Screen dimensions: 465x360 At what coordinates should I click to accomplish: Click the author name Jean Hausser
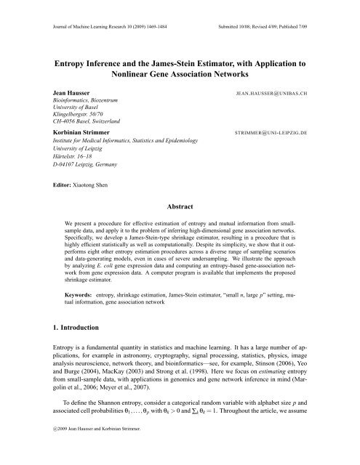tap(65, 94)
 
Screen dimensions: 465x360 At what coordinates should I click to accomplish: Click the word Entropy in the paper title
tap(70, 63)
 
